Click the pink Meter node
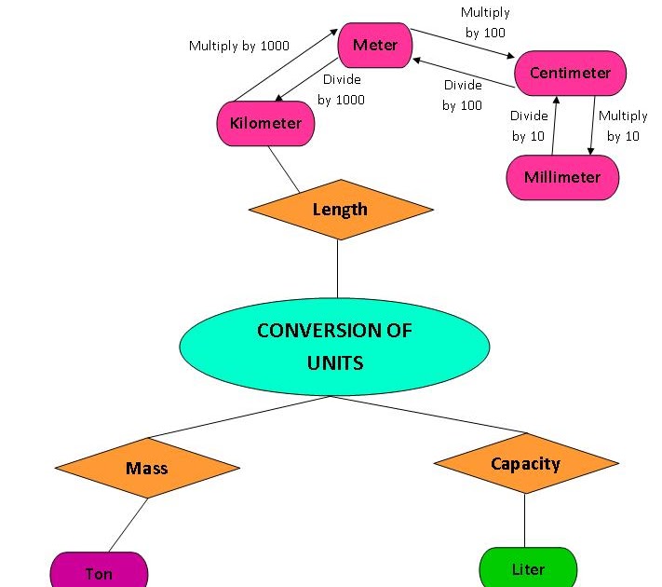pos(375,46)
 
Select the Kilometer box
pos(265,124)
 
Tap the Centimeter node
pos(570,73)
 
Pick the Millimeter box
pos(562,177)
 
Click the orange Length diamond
pos(340,210)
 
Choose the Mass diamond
pos(147,467)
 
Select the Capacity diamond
pos(525,463)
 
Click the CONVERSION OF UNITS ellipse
pos(333,346)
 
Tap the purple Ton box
pos(99,571)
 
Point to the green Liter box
pos(528,569)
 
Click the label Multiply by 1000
pos(239,46)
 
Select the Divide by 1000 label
pos(342,89)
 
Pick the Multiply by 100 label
pos(485,23)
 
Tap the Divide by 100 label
pos(463,95)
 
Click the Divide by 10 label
pos(529,126)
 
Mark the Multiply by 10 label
pos(623,126)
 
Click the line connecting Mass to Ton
pos(128,525)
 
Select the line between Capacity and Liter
pos(524,520)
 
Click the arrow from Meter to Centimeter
pos(463,43)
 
